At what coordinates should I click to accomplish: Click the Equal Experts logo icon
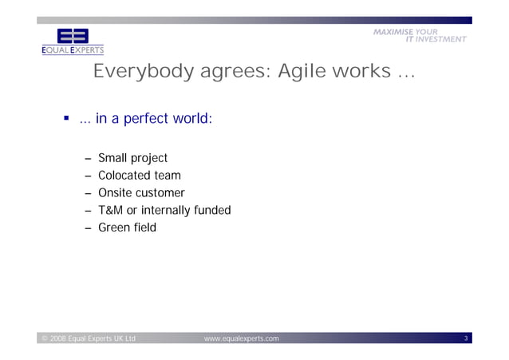point(73,37)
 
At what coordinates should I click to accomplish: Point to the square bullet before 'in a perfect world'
point(67,119)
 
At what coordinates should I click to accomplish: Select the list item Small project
point(132,158)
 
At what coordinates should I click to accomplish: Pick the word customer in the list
point(163,193)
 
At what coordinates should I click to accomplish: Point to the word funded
point(212,211)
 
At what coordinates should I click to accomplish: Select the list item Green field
point(127,228)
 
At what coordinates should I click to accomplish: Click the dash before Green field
point(89,229)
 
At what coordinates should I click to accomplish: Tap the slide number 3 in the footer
point(466,339)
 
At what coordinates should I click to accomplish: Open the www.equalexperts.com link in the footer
point(242,339)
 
